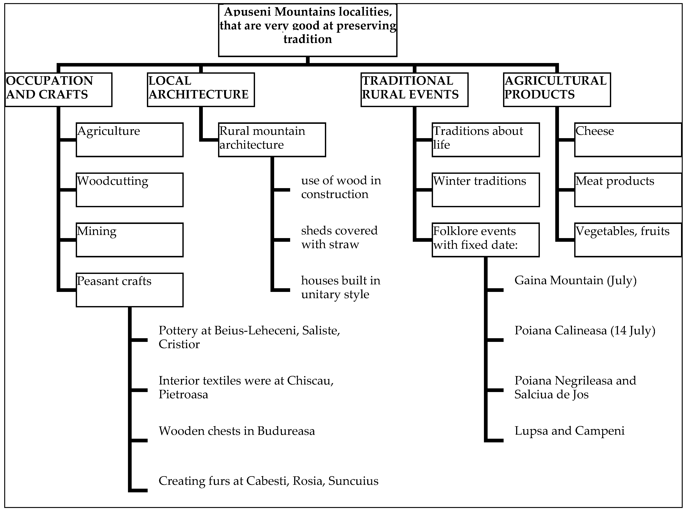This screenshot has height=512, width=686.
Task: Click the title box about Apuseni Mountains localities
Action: pyautogui.click(x=307, y=30)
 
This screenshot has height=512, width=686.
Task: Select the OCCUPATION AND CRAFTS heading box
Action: pyautogui.click(x=58, y=90)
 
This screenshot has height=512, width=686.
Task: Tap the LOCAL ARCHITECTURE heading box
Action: pyautogui.click(x=201, y=90)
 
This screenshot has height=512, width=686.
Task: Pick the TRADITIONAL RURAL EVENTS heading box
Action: pyautogui.click(x=414, y=90)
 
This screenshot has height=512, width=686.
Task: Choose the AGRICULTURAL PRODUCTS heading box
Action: pyautogui.click(x=557, y=90)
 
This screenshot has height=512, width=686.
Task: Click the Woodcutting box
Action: pyautogui.click(x=130, y=190)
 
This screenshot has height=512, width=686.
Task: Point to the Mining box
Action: pyautogui.click(x=130, y=240)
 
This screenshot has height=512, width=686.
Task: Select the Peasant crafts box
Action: pyautogui.click(x=130, y=290)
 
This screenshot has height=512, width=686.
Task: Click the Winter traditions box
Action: pyautogui.click(x=486, y=190)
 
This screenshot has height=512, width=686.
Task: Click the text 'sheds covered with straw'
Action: pyautogui.click(x=339, y=237)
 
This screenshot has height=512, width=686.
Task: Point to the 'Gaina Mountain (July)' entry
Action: pyautogui.click(x=575, y=281)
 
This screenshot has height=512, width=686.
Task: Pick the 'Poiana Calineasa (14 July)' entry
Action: pyautogui.click(x=585, y=331)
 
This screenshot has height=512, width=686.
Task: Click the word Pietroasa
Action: pyautogui.click(x=183, y=395)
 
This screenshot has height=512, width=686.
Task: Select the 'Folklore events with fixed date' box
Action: pyautogui.click(x=486, y=240)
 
